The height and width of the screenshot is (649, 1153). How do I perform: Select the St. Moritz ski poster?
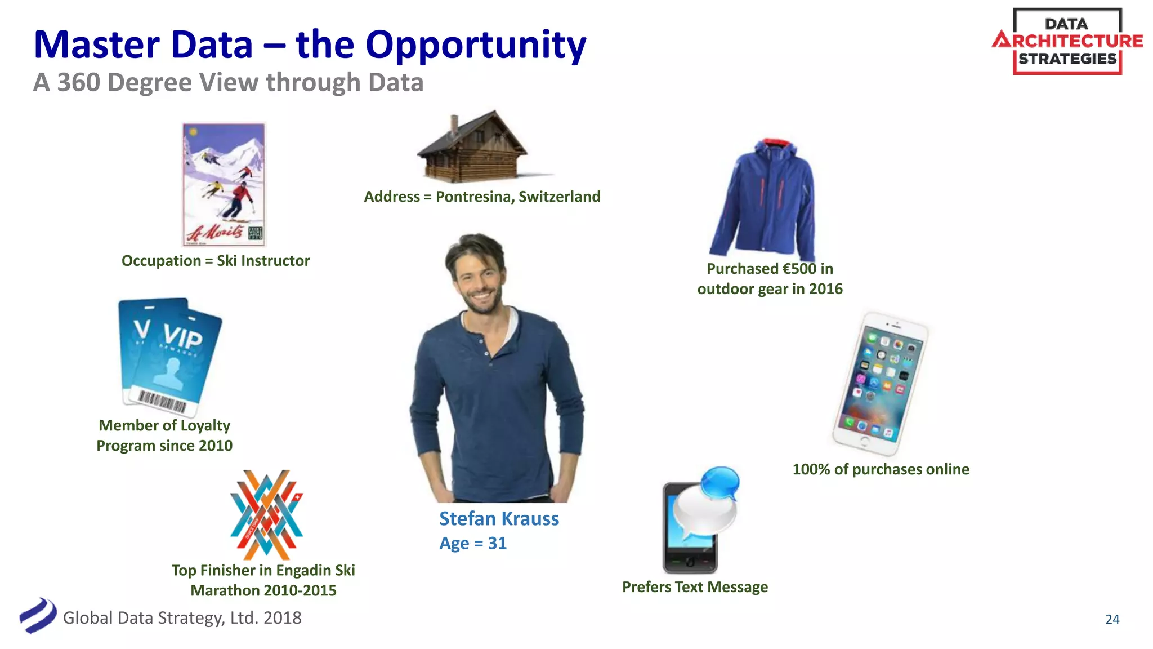pos(224,184)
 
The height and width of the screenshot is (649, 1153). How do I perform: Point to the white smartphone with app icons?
pos(880,384)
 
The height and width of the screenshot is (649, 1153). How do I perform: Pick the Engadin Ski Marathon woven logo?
pos(266,514)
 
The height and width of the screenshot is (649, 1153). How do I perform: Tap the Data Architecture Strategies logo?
pos(1067,41)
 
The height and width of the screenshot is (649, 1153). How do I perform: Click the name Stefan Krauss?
pos(499,519)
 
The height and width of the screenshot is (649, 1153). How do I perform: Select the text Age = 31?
pos(473,544)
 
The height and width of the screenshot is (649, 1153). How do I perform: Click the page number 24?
pos(1112,619)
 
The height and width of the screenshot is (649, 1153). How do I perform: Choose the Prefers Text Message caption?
pos(695,587)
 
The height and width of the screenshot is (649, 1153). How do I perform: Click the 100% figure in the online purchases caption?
pos(811,469)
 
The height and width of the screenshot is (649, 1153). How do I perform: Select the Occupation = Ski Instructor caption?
pos(216,261)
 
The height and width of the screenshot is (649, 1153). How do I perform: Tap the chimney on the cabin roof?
pos(454,125)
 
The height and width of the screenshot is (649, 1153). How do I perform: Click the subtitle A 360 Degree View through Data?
pos(228,83)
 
